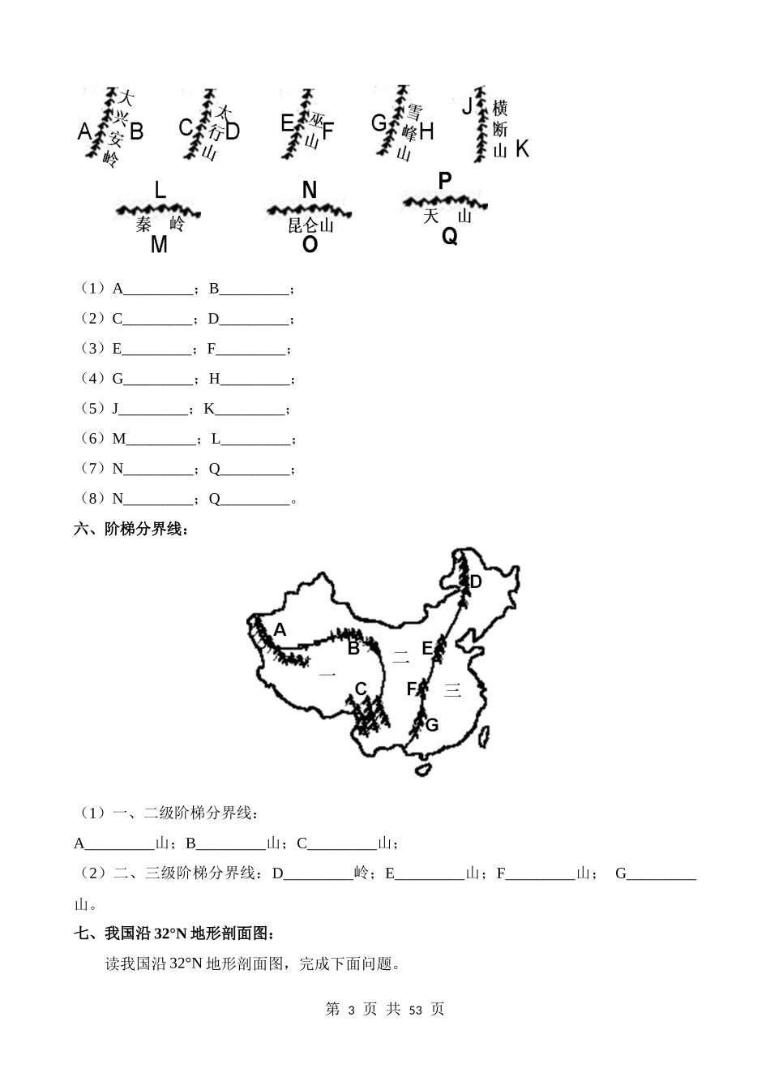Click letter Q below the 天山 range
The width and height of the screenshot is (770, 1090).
(449, 236)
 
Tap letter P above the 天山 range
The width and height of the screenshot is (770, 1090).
(444, 181)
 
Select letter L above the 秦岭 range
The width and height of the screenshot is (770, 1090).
(160, 191)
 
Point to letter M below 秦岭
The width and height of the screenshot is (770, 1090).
(159, 243)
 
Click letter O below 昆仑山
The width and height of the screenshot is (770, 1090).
(310, 243)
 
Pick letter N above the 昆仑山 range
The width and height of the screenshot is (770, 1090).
(309, 191)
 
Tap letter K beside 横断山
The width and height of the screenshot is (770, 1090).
(522, 148)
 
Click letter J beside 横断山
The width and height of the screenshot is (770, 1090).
(467, 106)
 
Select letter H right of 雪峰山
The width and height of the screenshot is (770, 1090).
(426, 131)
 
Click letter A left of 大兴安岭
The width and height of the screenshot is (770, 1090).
(84, 131)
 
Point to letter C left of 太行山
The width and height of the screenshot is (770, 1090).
(186, 128)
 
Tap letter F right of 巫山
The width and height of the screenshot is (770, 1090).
(327, 131)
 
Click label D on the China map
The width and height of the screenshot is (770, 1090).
(476, 581)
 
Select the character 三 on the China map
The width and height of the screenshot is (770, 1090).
(451, 690)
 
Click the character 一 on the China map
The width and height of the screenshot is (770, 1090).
(327, 674)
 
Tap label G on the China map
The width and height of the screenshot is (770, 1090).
(431, 725)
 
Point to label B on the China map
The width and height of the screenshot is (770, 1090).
(353, 649)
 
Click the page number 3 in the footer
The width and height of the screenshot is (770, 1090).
(351, 1010)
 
